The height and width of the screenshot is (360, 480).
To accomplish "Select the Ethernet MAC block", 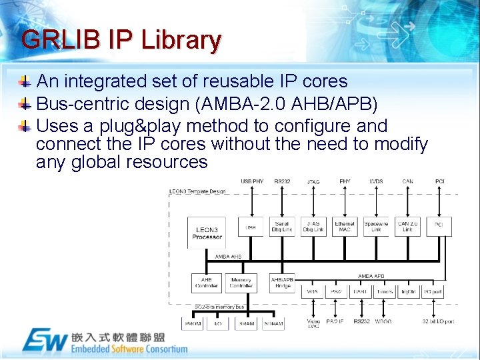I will click(x=345, y=227).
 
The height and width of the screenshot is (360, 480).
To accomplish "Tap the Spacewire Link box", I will click(x=376, y=227).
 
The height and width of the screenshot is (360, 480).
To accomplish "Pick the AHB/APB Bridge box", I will click(x=282, y=283).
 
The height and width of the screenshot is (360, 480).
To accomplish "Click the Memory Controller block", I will click(x=241, y=283).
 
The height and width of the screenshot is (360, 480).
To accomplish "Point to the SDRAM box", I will click(x=273, y=323).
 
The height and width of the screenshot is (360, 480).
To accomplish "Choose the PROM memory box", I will click(x=192, y=323).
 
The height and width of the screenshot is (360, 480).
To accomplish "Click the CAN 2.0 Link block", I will click(x=407, y=227).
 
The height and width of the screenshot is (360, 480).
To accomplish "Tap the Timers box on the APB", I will click(x=385, y=292).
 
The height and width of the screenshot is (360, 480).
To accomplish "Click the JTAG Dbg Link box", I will click(x=313, y=227).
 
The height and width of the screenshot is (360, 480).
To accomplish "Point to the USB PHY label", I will click(x=251, y=181).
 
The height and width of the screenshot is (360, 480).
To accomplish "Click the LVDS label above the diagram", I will click(x=376, y=181).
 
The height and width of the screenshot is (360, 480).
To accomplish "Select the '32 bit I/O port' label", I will click(x=437, y=322).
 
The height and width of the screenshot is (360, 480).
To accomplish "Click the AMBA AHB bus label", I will click(x=228, y=257).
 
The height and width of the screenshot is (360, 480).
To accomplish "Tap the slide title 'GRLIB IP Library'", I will click(x=121, y=40).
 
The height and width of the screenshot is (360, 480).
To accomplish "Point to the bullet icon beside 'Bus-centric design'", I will click(x=25, y=105).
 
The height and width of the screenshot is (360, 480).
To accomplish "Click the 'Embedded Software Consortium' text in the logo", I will click(x=129, y=349).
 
